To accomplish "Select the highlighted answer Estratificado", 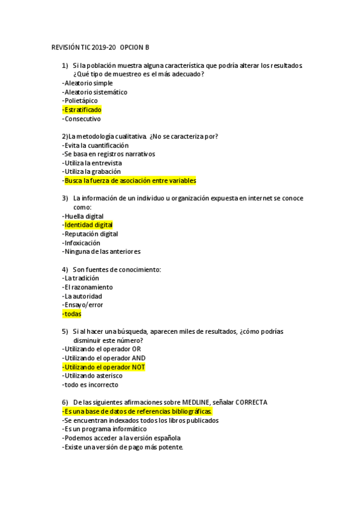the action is click(82, 110).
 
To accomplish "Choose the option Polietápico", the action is click(80, 101).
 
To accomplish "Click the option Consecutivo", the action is click(82, 119).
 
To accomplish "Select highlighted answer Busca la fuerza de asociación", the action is click(129, 180).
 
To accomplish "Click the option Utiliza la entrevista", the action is click(92, 163).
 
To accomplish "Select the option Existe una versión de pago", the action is click(123, 447).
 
